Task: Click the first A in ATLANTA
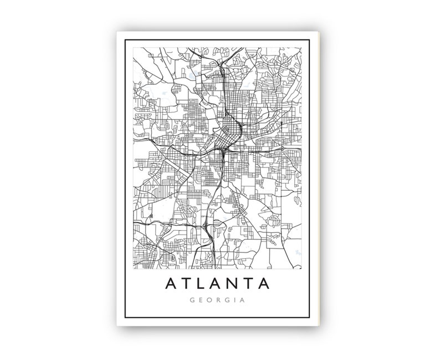click(x=170, y=284)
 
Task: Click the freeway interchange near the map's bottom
click(x=206, y=225)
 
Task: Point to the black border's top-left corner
click(x=126, y=40)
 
